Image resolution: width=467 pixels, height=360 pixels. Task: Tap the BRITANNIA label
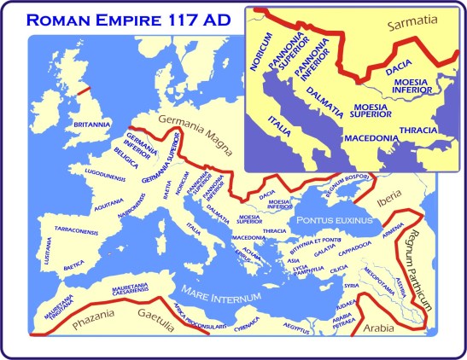coord(92,125)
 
